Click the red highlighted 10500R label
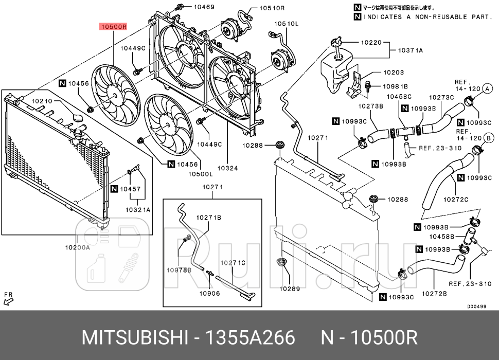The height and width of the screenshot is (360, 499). click(113, 27)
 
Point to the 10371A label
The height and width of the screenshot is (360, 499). click(410, 50)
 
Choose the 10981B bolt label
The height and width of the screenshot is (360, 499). click(395, 86)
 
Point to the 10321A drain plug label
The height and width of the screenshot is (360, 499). click(137, 210)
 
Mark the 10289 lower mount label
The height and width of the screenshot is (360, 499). click(290, 289)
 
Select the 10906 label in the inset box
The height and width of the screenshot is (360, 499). click(210, 294)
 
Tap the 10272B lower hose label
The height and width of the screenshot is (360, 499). click(434, 294)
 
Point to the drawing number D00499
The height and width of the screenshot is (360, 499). click(476, 307)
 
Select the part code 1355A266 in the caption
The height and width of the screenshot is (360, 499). click(251, 338)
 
